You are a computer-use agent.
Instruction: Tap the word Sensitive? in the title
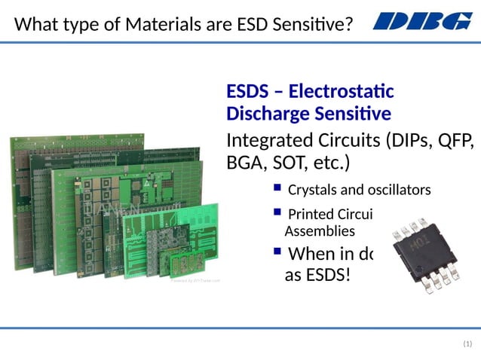[314, 25]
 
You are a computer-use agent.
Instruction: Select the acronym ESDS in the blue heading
[247, 92]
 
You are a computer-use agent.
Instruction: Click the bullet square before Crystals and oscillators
[277, 188]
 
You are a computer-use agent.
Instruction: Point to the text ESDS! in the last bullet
[328, 274]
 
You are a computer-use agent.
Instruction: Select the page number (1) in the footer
[467, 344]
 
